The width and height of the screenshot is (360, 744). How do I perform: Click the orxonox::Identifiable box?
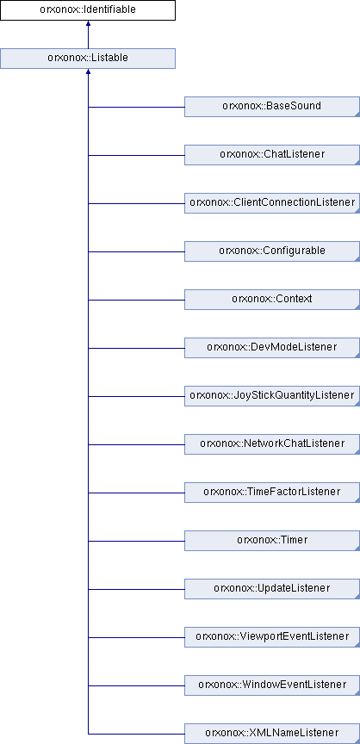coord(88,10)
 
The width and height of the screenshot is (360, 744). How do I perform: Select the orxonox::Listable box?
coord(88,59)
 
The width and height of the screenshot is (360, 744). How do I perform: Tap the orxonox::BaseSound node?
coord(272,106)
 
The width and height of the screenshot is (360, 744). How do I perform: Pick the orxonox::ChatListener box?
coord(272,155)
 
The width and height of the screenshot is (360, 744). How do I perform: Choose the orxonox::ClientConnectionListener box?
coord(272,203)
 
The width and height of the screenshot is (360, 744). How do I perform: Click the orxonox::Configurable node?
coord(272,251)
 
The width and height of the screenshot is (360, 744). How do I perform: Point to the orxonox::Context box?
coord(272,300)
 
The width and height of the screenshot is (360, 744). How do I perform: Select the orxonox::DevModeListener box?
coord(272,348)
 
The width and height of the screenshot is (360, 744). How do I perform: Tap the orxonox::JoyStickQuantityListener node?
coord(272,396)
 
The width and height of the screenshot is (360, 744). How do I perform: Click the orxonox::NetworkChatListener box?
coord(272,444)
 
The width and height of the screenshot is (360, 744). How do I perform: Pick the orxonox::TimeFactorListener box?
coord(272,493)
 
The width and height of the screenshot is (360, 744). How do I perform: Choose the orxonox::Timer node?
coord(272,541)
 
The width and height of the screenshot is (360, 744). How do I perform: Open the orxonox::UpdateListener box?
coord(272,589)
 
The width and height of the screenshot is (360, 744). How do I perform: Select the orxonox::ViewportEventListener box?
coord(272,637)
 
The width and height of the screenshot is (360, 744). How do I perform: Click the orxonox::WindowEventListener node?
coord(272,685)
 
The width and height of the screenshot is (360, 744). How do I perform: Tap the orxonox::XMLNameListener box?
coord(272,734)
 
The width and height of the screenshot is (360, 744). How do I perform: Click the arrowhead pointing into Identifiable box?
coord(88,23)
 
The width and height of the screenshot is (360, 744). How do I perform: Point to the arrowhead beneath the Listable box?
coord(88,71)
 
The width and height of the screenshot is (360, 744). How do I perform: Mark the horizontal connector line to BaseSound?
coord(136,107)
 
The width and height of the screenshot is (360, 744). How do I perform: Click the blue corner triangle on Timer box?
coord(357,549)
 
